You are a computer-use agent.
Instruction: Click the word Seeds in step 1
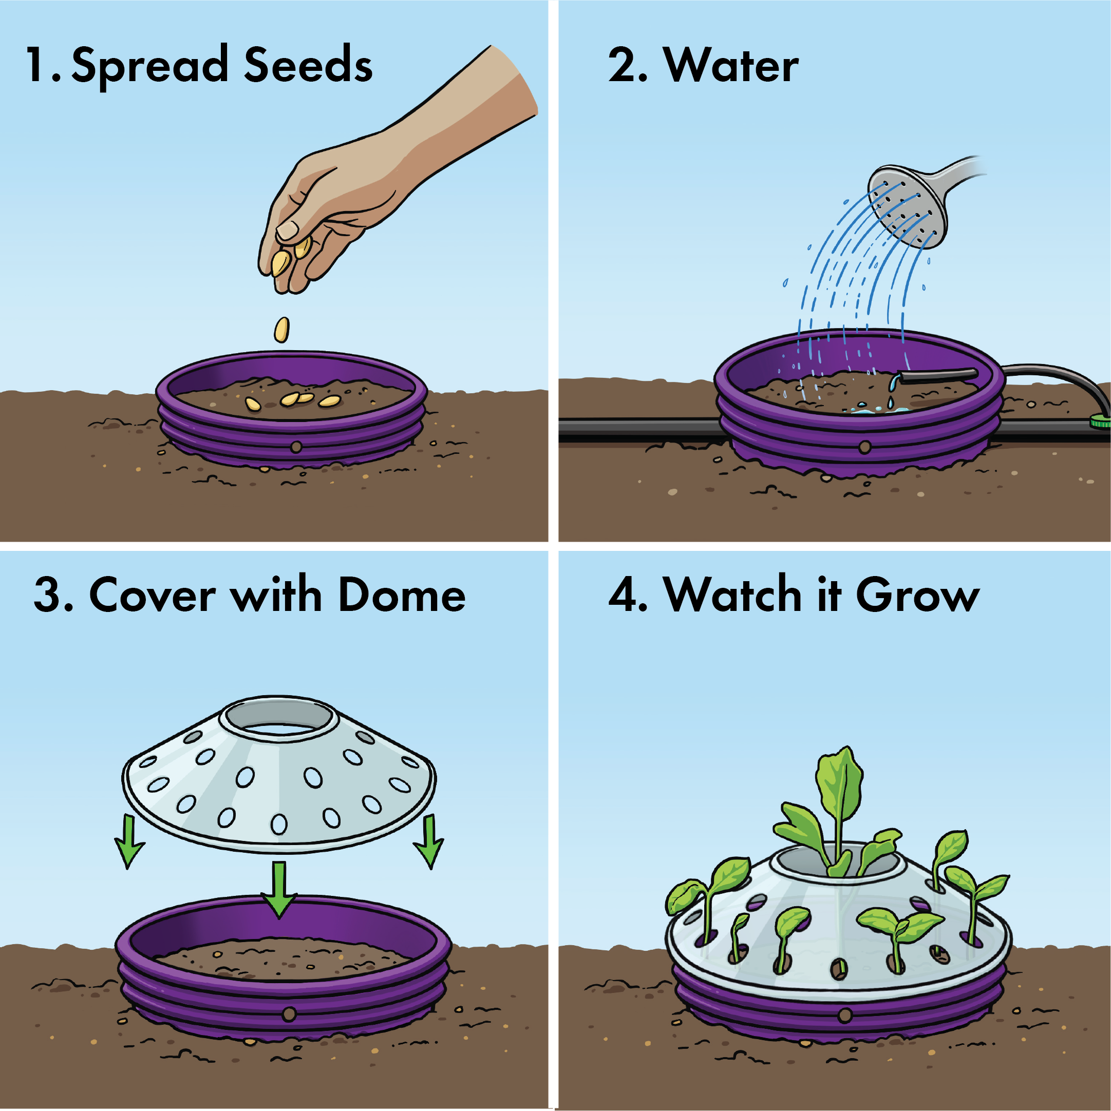click(x=308, y=65)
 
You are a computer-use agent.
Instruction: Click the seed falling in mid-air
click(x=281, y=330)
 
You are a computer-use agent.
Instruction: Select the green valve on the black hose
click(x=1100, y=422)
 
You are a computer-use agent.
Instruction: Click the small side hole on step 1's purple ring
click(x=296, y=446)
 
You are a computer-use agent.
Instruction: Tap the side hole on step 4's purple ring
click(x=844, y=1016)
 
